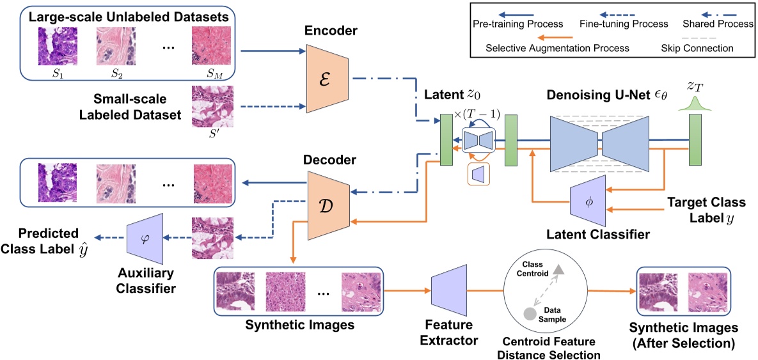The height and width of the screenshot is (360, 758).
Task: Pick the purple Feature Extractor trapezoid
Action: tap(451, 291)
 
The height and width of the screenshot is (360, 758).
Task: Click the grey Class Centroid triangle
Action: tap(559, 270)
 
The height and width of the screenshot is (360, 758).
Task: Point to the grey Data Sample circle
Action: tap(529, 313)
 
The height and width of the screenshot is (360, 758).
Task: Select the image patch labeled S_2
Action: tap(116, 47)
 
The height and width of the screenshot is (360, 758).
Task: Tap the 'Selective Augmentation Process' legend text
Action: tap(557, 47)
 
